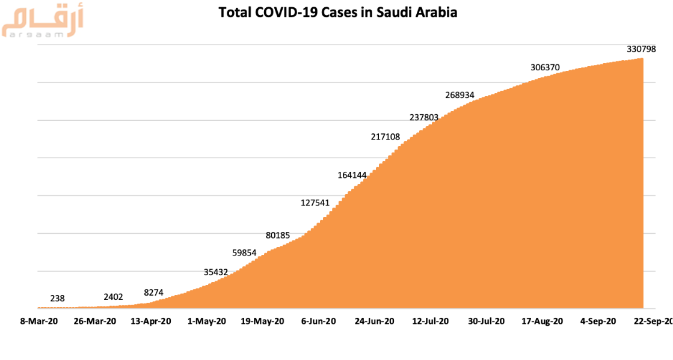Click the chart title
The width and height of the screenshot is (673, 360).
(337, 12)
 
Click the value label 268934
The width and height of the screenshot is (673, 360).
(464, 95)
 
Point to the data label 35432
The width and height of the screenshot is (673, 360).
(216, 272)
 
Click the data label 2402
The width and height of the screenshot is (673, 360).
(113, 296)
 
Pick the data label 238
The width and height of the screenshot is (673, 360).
(57, 298)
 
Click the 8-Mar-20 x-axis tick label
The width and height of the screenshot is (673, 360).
(39, 322)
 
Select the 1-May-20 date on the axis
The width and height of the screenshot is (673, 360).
(206, 322)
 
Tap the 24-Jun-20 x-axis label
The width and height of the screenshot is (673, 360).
(375, 322)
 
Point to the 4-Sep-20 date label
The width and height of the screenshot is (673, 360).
(598, 322)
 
